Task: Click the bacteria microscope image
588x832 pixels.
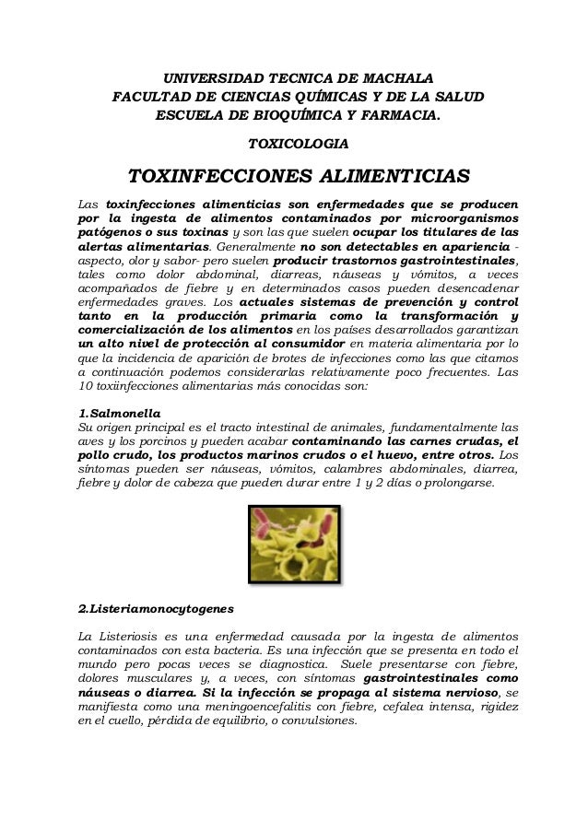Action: coord(294,543)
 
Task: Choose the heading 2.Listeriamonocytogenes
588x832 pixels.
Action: coord(157,610)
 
